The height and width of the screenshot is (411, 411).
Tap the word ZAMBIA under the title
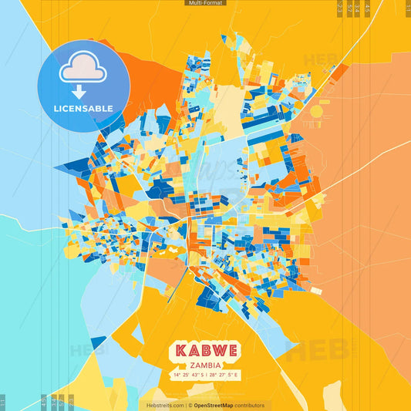click(204, 365)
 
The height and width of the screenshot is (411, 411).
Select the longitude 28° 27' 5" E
click(224, 375)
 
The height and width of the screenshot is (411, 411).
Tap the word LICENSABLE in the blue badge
click(83, 109)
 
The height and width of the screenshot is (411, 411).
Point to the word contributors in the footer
click(250, 405)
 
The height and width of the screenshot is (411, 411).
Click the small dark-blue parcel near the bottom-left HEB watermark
click(98, 342)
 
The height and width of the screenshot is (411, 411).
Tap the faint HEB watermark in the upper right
click(318, 59)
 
